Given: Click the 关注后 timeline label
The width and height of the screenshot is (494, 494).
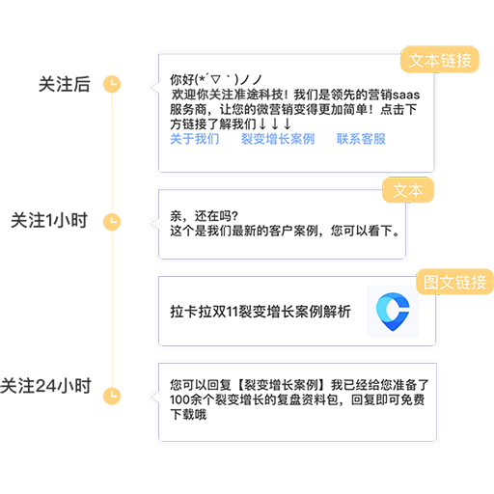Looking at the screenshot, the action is point(65,84).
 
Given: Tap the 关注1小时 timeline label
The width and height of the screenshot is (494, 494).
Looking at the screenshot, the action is point(49,221).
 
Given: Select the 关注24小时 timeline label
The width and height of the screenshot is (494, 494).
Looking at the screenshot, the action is point(45,386).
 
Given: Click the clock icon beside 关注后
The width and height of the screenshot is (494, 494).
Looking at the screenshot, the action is point(112,84).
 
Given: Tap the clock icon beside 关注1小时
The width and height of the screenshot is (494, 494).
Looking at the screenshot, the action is point(112,222).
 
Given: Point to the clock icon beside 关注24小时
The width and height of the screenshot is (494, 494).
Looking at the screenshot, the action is point(112,396).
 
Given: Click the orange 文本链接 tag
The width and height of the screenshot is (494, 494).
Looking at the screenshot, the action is point(440,60).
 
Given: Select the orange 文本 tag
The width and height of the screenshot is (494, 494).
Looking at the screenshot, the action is point(408,190).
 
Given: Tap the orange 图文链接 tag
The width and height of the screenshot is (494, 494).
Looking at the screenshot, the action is point(454,282).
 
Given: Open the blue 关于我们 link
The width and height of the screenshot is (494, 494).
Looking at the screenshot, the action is point(195,139).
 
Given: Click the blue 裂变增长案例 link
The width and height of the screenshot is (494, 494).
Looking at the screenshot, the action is point(278,139).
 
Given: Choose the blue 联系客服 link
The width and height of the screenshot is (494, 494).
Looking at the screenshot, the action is point(361,139).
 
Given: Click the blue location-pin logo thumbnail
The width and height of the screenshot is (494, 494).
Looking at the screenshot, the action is point(393,312).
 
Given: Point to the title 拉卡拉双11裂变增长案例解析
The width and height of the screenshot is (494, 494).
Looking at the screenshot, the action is point(261,312).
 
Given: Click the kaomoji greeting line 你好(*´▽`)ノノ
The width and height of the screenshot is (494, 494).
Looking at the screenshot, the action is point(216,79).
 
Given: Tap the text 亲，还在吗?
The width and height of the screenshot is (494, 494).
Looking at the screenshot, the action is point(204,216).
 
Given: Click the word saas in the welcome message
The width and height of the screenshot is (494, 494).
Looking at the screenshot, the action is point(406,96).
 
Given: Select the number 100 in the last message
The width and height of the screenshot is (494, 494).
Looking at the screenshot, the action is point(179,399).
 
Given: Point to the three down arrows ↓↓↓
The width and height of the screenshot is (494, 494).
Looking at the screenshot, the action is point(275,123).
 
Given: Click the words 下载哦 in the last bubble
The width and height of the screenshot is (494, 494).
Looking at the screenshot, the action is point(188,414).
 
